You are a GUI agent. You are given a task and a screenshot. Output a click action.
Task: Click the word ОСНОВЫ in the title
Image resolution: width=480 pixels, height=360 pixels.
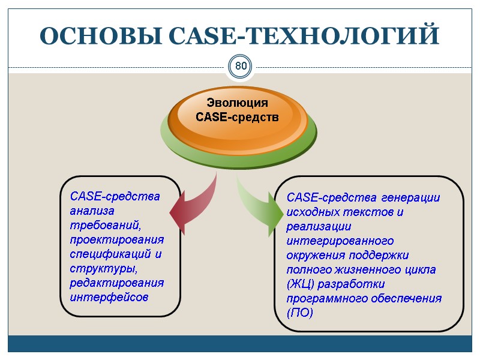[96, 36]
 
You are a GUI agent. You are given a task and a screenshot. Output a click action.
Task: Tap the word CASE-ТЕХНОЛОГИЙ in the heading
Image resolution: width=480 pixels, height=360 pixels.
[299, 36]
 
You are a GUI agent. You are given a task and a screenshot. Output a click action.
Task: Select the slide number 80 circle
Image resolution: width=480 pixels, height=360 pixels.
[241, 66]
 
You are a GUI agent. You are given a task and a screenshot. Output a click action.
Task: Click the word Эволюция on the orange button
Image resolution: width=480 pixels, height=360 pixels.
[238, 103]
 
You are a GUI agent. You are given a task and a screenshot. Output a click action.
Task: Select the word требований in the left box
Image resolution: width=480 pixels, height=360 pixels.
[105, 225]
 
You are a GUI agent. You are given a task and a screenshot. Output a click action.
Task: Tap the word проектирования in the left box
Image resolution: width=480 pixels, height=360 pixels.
[116, 239]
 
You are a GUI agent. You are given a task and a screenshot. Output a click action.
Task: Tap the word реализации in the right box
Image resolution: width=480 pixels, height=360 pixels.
[319, 226]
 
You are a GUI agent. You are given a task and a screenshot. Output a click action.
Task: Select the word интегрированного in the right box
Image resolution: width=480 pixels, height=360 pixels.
[340, 241]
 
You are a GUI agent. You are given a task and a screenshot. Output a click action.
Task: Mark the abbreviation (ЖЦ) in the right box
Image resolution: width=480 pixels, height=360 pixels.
[300, 284]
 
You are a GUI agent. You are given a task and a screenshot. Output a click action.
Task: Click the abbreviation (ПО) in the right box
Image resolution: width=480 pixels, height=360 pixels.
[299, 313]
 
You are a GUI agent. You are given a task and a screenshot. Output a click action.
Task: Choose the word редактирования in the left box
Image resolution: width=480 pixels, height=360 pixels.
[116, 283]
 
